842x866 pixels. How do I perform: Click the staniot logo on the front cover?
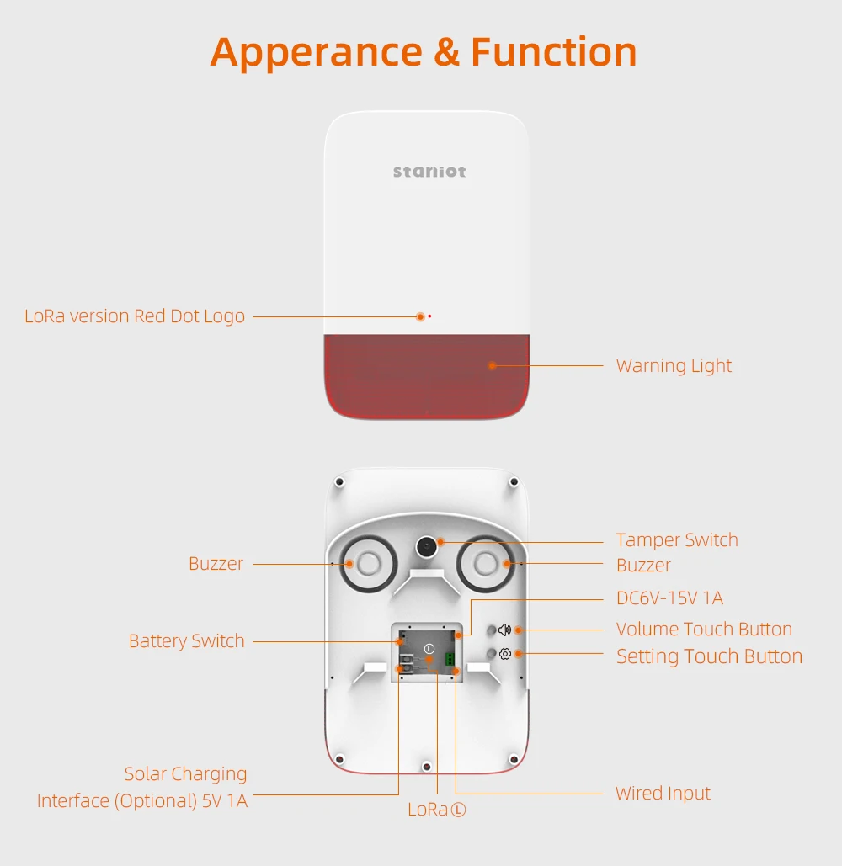(429, 172)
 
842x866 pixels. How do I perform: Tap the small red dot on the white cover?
(429, 316)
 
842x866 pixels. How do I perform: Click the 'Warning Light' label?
(674, 366)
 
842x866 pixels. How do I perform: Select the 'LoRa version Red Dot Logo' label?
(134, 316)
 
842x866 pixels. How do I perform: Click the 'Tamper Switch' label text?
(677, 539)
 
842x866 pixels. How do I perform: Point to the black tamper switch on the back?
(426, 547)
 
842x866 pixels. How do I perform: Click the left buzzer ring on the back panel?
(368, 564)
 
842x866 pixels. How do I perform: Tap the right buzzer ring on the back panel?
(486, 564)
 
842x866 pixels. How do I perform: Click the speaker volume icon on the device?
(504, 630)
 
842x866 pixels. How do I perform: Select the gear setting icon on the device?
(505, 654)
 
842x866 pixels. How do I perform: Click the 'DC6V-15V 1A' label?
(669, 598)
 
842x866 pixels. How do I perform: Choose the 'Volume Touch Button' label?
(704, 629)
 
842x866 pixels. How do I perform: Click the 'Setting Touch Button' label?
(710, 656)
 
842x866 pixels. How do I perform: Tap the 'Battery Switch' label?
(187, 641)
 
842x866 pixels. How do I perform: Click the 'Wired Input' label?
(663, 794)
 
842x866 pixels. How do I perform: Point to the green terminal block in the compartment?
(450, 658)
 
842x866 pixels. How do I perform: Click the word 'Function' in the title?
(553, 52)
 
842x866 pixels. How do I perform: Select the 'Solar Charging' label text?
(185, 774)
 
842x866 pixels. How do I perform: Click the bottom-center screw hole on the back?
(427, 767)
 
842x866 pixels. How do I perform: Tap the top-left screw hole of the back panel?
(340, 482)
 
